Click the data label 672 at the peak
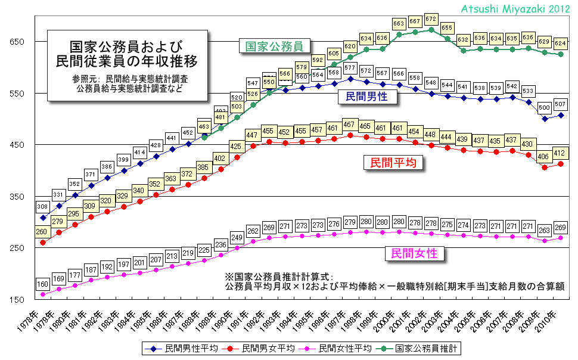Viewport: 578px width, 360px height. [431, 18]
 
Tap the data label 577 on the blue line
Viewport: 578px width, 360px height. [350, 68]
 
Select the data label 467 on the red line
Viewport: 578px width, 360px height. [350, 124]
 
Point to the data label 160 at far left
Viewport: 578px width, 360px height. [43, 284]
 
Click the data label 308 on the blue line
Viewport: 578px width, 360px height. [43, 207]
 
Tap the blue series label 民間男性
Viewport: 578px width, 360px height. [367, 96]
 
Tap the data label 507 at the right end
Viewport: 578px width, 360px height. [560, 104]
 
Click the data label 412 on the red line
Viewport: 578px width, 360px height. [560, 153]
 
